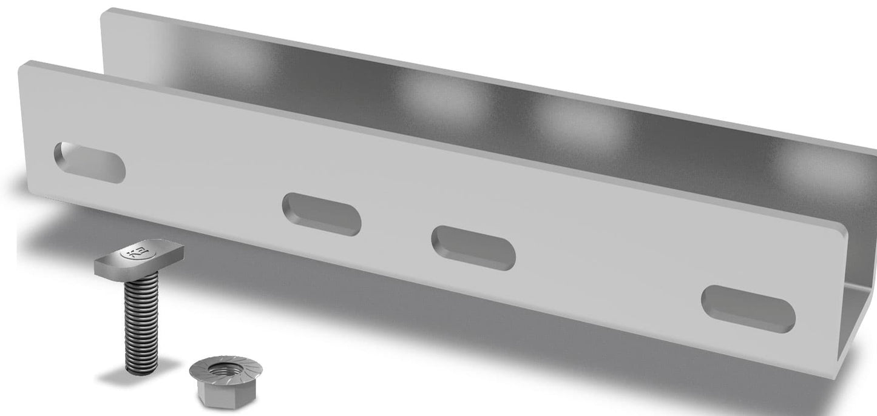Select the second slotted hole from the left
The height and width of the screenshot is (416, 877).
click(x=321, y=214)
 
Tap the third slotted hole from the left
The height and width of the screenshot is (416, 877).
click(x=473, y=247)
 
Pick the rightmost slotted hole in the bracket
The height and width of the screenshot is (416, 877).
click(x=748, y=309)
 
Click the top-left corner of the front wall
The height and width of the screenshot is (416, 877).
click(x=24, y=66)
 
